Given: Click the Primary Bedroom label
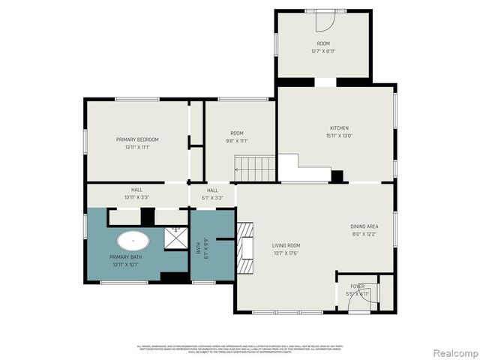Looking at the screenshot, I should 137,139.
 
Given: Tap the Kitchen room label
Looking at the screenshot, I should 340,128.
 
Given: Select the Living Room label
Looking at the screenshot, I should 286,245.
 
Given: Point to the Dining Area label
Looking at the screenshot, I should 364,226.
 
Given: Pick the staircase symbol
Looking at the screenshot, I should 256,169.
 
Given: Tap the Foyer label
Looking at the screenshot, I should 357,286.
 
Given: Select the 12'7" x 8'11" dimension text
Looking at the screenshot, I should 323,51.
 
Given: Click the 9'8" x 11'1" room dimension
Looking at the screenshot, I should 236,140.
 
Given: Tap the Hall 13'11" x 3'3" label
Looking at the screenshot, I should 136,193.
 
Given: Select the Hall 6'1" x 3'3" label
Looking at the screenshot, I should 213,193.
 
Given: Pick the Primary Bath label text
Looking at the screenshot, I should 124,257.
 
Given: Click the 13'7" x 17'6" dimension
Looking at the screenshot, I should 286,253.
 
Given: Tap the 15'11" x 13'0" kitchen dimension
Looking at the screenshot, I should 340,136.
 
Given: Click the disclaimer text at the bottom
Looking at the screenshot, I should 239,349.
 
